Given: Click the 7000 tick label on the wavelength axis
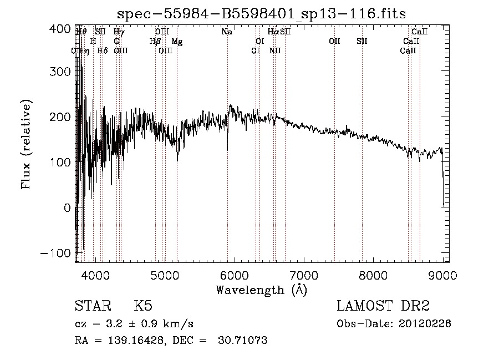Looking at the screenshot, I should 304,275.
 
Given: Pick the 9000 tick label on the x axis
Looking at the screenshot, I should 442,275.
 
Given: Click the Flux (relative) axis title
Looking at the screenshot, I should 26,144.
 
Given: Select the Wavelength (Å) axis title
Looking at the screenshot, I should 261,290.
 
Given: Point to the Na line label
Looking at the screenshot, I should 227,32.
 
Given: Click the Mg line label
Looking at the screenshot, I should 177,42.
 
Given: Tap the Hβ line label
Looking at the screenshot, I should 155,42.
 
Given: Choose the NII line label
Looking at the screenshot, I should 275,50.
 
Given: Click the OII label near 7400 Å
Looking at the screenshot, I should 334,42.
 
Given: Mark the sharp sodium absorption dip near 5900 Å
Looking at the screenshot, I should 227,149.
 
